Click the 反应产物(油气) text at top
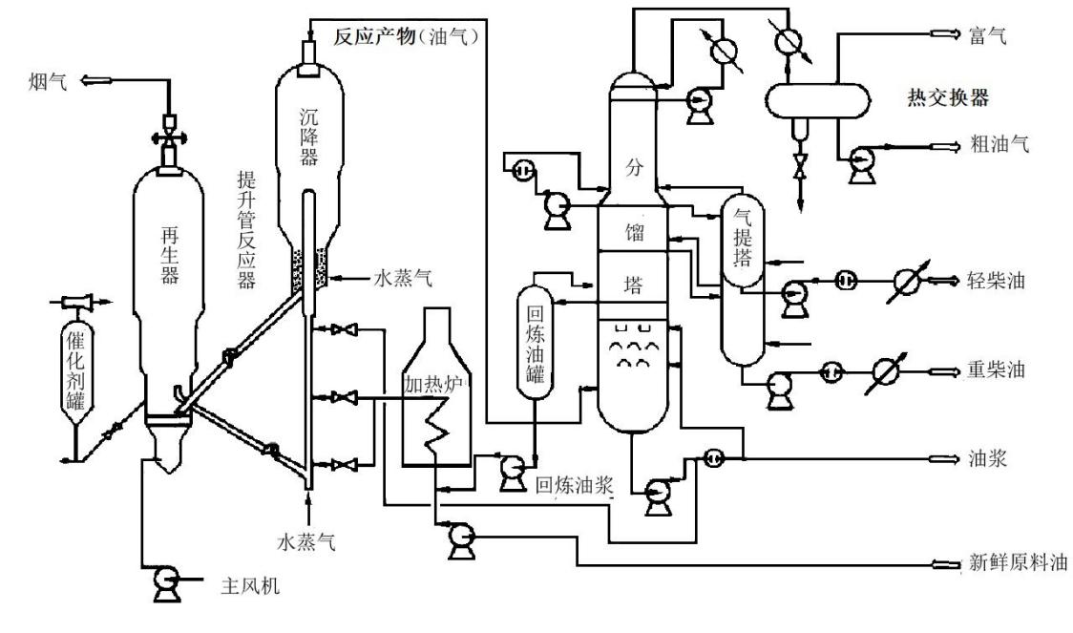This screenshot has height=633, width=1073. click(411, 36)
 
